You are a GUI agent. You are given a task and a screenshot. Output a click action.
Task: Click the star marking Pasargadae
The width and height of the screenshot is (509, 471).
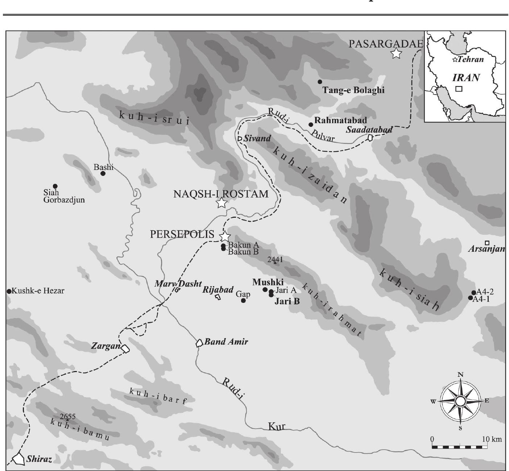397,54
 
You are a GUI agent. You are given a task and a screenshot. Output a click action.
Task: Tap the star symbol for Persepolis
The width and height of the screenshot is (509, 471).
225,236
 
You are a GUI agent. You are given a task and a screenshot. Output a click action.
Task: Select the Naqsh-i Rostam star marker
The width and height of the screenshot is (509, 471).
222,203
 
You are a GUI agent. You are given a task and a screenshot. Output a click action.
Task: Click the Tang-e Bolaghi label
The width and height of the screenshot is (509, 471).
353,90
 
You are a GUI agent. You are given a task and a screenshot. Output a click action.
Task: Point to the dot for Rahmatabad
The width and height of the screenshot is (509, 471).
311,125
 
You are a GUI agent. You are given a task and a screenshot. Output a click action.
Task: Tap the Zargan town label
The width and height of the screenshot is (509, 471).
105,346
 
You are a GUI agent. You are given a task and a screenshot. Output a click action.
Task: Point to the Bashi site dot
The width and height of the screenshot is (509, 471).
103,173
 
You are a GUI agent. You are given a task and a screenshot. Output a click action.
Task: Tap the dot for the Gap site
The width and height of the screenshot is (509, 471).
243,300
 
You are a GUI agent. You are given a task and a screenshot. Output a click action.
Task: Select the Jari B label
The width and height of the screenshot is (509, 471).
287,301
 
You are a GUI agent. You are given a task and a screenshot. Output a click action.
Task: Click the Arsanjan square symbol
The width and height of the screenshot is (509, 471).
487,243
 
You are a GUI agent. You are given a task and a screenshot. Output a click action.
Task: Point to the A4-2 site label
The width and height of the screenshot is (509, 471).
485,292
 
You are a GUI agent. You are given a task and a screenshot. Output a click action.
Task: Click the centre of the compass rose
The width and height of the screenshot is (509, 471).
460,401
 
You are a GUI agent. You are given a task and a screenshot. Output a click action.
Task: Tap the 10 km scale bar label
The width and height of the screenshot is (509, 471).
492,439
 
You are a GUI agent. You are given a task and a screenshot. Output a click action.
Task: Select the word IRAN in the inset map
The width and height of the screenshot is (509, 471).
466,77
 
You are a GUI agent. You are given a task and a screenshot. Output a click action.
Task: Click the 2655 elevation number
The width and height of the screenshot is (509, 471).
68,417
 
